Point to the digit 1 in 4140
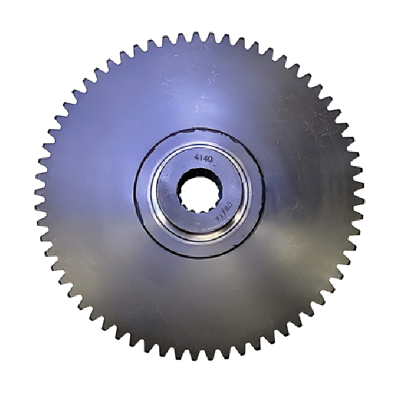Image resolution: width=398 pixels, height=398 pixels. (x=201, y=158)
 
